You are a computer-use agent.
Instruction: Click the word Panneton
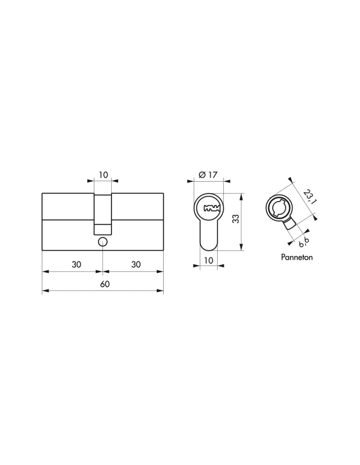pyautogui.click(x=297, y=257)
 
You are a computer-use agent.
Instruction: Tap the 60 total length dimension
pyautogui.click(x=105, y=284)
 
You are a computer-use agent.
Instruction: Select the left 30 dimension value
pyautogui.click(x=76, y=264)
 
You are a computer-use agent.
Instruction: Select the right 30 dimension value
pyautogui.click(x=136, y=264)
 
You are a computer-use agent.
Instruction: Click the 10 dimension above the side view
pyautogui.click(x=103, y=175)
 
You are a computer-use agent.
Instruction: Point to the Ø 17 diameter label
pyautogui.click(x=208, y=175)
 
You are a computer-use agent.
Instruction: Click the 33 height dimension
pyautogui.click(x=235, y=219)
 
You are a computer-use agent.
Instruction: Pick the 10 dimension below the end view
pyautogui.click(x=209, y=260)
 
